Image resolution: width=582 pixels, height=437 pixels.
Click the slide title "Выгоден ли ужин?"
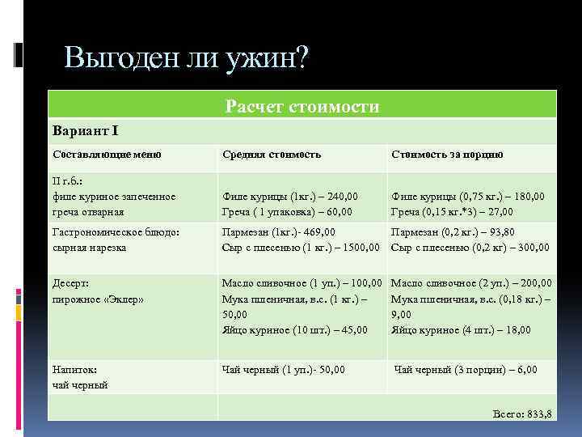click(186, 57)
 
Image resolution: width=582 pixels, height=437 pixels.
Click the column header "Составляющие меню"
click(107, 154)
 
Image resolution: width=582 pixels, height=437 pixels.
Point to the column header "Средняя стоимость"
click(272, 154)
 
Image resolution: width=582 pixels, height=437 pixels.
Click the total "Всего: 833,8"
click(522, 414)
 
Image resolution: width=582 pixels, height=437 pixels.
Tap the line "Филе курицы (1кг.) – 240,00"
click(290, 196)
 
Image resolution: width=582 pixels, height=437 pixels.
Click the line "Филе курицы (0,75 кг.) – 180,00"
click(468, 196)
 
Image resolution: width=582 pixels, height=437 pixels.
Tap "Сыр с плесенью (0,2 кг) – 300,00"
click(470, 247)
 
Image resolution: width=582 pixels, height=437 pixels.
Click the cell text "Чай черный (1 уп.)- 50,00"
click(284, 369)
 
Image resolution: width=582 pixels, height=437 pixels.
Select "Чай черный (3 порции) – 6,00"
click(465, 369)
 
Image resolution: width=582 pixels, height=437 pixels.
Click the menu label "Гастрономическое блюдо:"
click(115, 232)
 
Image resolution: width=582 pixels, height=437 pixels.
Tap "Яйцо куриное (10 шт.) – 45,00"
click(295, 329)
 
